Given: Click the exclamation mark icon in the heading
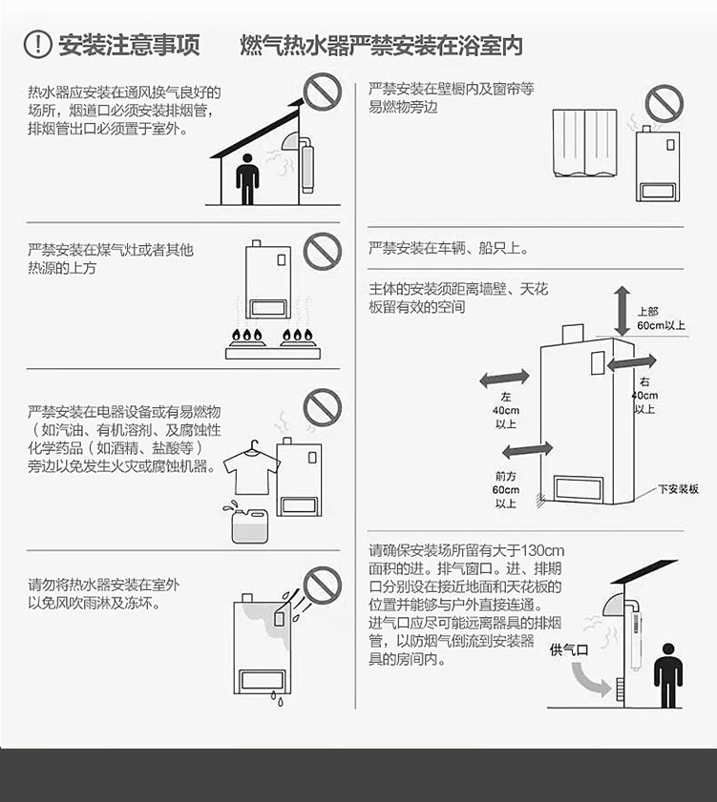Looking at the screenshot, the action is [x=37, y=44].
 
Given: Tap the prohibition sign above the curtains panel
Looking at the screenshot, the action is [x=664, y=104].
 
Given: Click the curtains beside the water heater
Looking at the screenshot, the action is [x=585, y=143].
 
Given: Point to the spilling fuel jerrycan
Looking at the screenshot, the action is [x=248, y=523].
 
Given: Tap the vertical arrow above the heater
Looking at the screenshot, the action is [x=622, y=311].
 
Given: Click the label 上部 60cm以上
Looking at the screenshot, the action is [x=661, y=319].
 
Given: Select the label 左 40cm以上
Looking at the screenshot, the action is [x=505, y=410].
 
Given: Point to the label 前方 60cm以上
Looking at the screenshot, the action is [x=505, y=490].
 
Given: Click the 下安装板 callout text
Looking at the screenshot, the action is [x=678, y=489].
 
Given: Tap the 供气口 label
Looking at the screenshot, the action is [x=569, y=650].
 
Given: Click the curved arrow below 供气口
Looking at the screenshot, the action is [x=589, y=679].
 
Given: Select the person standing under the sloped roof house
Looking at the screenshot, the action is [x=247, y=179].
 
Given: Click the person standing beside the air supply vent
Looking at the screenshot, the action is [x=668, y=676].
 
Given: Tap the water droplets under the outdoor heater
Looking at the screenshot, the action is [x=277, y=699].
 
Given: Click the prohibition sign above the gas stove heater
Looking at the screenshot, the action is [x=322, y=251].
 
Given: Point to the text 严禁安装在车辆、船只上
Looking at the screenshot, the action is [x=448, y=249].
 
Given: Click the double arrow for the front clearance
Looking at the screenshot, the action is [x=527, y=450].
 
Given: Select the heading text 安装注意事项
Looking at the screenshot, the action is [x=129, y=45].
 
